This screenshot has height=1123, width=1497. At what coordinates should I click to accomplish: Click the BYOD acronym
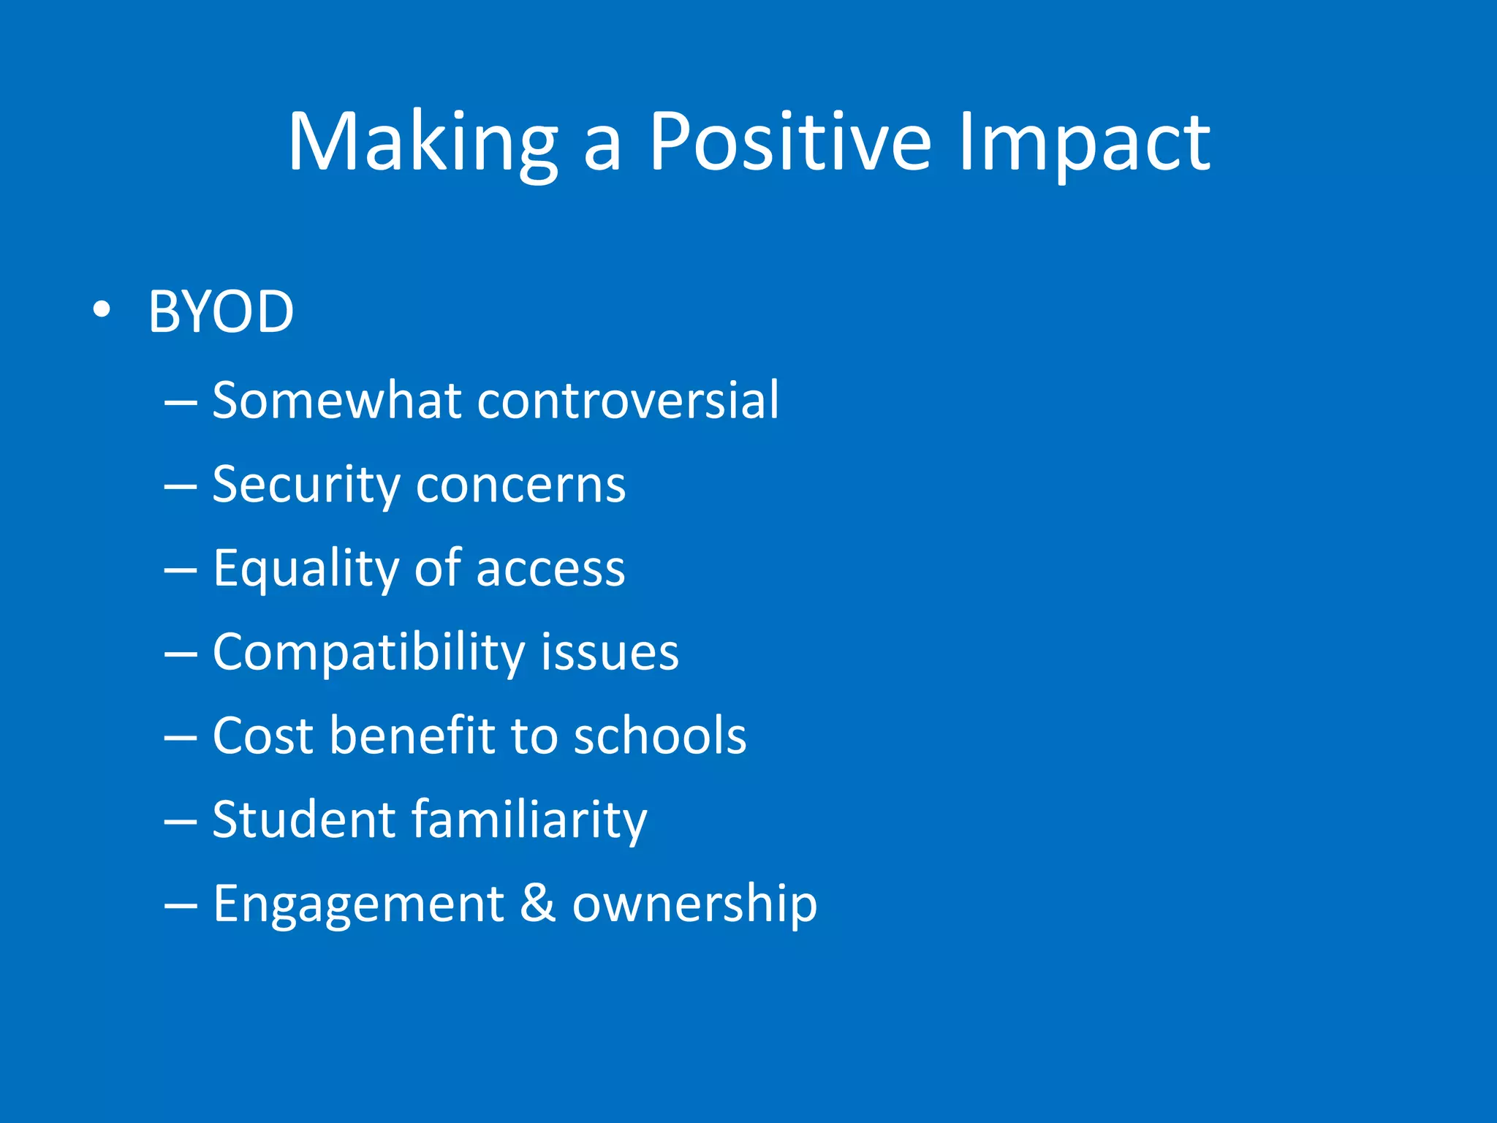(221, 312)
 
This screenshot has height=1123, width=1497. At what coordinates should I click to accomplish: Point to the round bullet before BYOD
(102, 311)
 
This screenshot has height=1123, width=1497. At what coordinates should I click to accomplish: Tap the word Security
(304, 485)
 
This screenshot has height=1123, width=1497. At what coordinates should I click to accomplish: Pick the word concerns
(520, 485)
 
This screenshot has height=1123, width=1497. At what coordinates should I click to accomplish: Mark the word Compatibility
(368, 653)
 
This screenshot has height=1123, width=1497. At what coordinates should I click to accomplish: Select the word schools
(660, 736)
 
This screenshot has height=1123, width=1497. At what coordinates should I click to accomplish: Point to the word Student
(303, 820)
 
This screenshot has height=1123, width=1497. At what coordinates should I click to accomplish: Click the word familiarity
(529, 820)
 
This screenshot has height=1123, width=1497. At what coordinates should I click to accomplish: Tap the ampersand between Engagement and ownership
(537, 903)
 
